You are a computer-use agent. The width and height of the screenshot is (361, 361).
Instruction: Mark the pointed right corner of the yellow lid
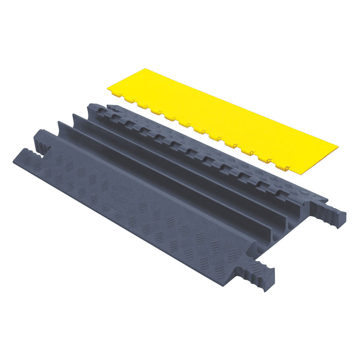point(338,144)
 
